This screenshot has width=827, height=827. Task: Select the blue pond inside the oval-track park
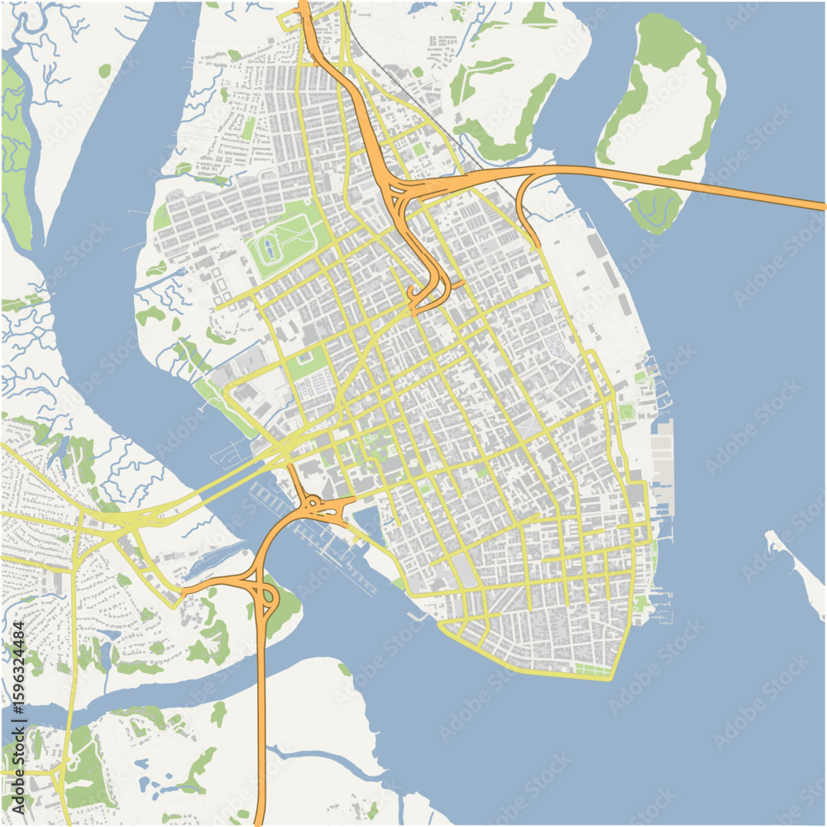(269, 245)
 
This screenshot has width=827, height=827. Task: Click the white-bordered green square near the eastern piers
(628, 411)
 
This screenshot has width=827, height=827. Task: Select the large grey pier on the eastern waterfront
(662, 463)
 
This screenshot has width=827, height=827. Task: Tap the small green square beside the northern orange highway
(418, 149)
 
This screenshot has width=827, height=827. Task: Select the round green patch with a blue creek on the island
(655, 207)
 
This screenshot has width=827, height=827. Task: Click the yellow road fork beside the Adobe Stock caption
(58, 777)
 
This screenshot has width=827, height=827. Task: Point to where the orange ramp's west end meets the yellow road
(184, 592)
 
